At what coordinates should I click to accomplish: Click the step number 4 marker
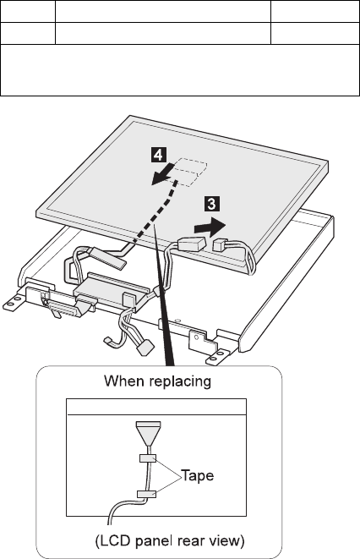[158, 155]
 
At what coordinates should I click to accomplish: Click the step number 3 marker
[211, 204]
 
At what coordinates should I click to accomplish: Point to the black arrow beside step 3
[210, 227]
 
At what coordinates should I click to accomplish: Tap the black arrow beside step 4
[163, 173]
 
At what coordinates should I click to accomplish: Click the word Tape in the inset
[198, 475]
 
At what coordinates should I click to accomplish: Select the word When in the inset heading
[124, 381]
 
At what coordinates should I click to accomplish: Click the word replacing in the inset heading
[180, 382]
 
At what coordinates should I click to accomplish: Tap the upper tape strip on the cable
[147, 458]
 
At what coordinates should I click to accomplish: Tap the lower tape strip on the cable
[147, 494]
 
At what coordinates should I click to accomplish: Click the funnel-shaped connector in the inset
[149, 432]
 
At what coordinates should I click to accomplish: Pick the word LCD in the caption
[114, 541]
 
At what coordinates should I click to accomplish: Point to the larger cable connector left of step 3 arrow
[192, 245]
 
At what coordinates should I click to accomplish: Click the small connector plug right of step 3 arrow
[221, 244]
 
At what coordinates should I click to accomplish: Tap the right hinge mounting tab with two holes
[217, 358]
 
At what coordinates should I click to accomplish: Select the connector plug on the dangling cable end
[146, 347]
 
